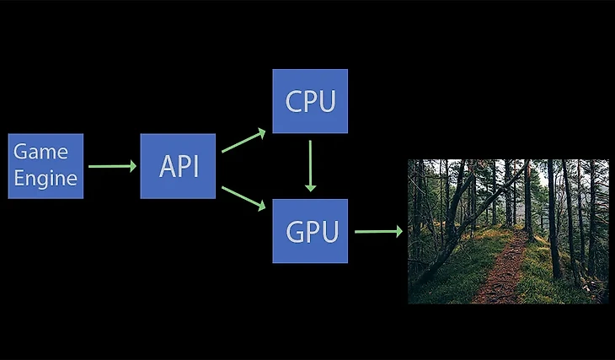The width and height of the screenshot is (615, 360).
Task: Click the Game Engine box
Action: point(45,166)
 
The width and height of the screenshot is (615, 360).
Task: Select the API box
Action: point(178,166)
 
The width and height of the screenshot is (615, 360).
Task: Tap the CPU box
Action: point(310,101)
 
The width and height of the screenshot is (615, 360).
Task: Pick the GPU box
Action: point(310,231)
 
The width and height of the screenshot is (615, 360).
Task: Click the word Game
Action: point(40,153)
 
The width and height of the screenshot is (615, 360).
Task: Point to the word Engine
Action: point(45,179)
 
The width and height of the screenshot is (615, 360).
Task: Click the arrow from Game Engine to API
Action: point(111,166)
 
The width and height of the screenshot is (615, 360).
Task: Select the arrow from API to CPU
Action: point(243,142)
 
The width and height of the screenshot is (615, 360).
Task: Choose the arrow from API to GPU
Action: point(243,198)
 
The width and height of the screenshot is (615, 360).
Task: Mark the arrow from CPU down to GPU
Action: point(311,165)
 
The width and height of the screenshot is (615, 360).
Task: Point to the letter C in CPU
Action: point(294,101)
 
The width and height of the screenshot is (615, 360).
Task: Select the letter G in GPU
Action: point(293,231)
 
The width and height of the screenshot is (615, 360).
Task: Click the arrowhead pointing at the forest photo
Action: point(398,231)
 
